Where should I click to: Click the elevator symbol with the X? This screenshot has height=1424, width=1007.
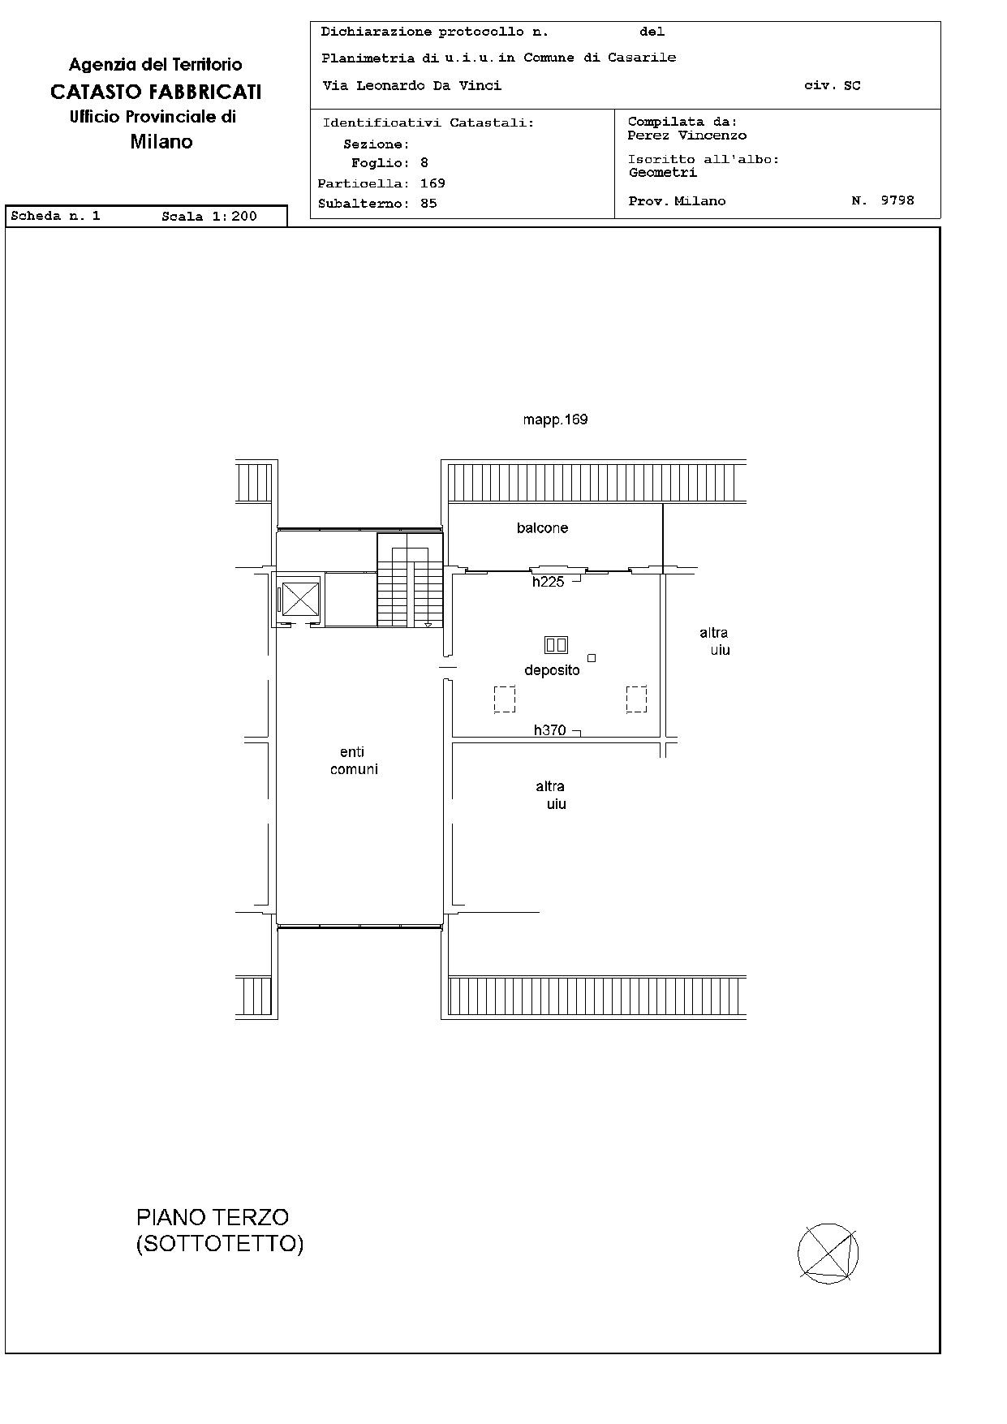coord(300,600)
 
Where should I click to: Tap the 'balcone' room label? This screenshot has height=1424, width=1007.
coord(542,528)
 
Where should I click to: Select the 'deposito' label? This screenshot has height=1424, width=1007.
coord(552,670)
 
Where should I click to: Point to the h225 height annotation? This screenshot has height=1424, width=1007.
coord(548,582)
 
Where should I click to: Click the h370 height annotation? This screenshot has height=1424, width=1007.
coord(549,730)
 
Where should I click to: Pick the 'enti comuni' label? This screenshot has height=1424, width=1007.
coord(354,760)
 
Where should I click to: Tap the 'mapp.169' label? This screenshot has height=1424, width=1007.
coord(555,419)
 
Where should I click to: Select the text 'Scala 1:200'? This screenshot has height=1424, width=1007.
coord(209,216)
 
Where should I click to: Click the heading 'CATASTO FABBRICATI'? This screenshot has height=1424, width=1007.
coord(156,92)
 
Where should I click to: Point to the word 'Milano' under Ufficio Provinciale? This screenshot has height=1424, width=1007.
coord(161,142)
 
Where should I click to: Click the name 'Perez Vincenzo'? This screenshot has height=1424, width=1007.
coord(686,136)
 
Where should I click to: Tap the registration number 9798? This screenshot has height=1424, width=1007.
coord(897,200)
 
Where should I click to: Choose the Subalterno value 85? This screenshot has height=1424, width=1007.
coord(428,204)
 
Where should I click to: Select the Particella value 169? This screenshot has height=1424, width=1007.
coord(432,183)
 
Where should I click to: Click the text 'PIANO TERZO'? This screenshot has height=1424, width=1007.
coord(213,1217)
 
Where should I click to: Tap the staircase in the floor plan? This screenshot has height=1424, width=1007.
coord(410,580)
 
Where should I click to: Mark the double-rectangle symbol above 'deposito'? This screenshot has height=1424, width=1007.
coord(556,645)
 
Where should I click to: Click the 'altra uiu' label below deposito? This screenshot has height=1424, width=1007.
coord(552,795)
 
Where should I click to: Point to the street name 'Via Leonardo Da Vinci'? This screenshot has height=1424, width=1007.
coord(411,85)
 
